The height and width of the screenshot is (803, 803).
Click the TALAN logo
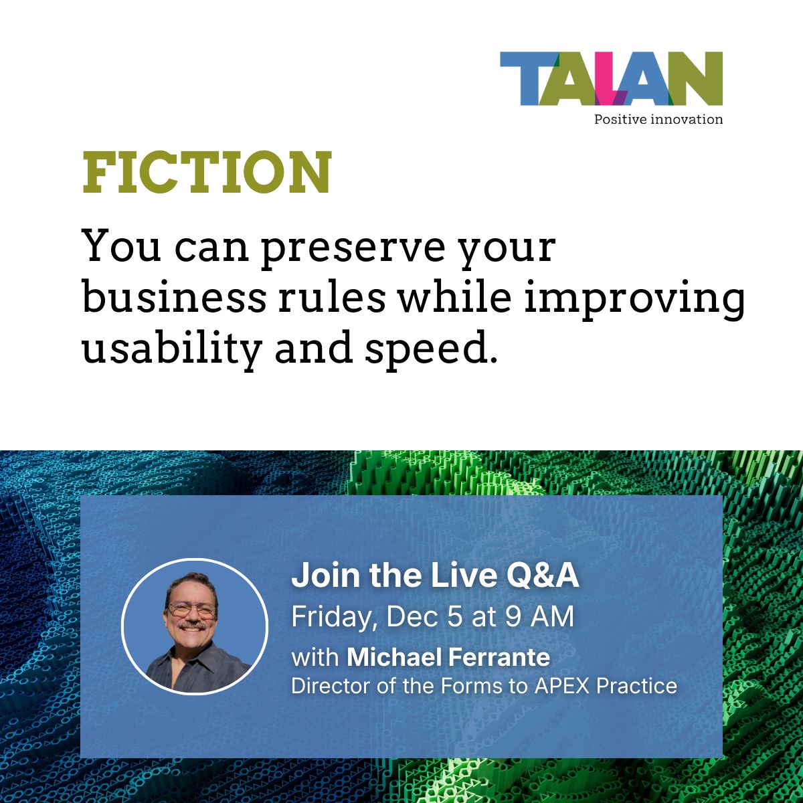point(611,79)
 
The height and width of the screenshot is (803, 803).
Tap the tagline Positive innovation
point(658,120)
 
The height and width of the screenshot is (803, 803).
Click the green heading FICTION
point(207,172)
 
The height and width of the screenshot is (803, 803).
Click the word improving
point(634,299)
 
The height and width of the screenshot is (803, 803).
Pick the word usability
point(171,349)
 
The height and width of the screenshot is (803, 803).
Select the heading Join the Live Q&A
point(435,576)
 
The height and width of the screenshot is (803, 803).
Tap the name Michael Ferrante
point(448,657)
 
